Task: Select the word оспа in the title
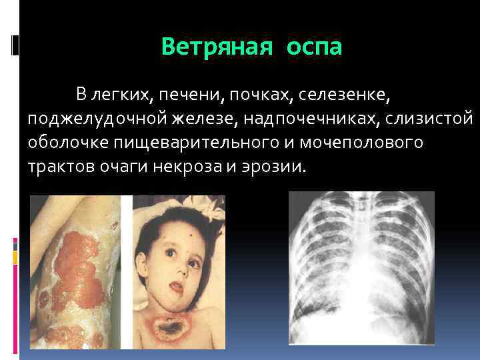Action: (x=315, y=47)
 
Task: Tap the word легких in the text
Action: (x=123, y=95)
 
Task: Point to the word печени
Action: (x=193, y=95)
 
